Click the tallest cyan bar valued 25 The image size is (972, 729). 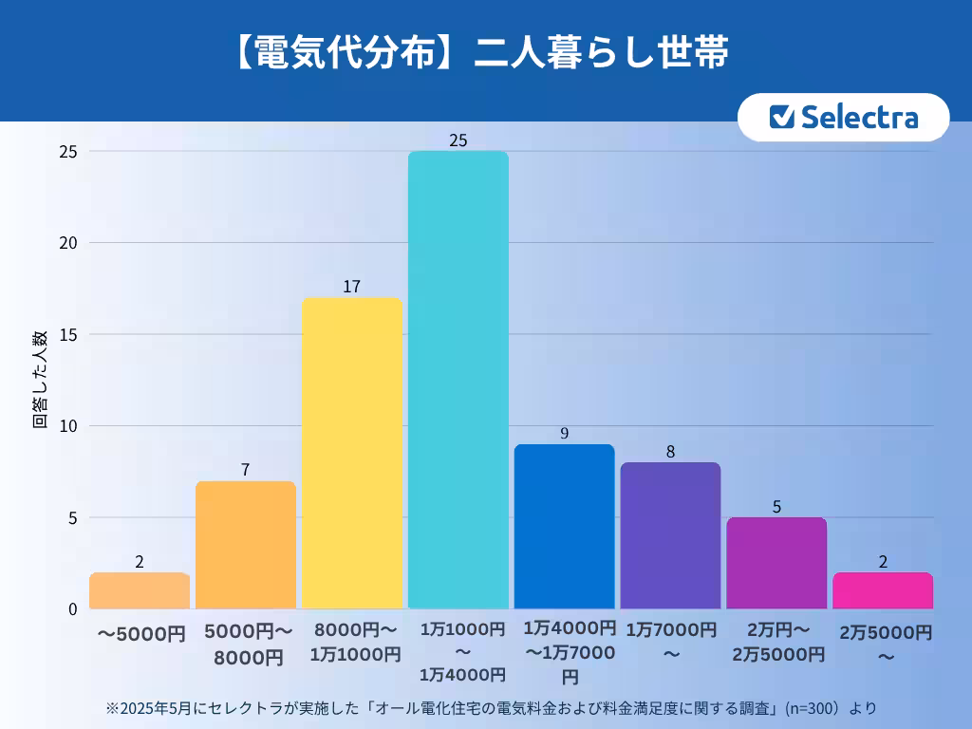point(458,380)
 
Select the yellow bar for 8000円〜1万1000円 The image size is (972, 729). point(352,453)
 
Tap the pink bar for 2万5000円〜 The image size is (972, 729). point(883,590)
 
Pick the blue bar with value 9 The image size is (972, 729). point(565,527)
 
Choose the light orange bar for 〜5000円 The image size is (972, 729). point(140,590)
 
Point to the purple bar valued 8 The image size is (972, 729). point(670,535)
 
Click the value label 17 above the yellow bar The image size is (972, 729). point(352,287)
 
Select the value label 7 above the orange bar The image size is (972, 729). point(245,470)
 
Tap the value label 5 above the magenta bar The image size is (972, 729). point(776,507)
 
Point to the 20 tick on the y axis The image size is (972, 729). point(69,243)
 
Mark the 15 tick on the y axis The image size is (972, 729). point(69,334)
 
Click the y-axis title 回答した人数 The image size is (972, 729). point(40,380)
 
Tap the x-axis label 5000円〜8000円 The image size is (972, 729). point(246,644)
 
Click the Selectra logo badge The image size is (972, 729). point(843,117)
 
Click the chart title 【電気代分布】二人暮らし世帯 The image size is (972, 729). point(478,53)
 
